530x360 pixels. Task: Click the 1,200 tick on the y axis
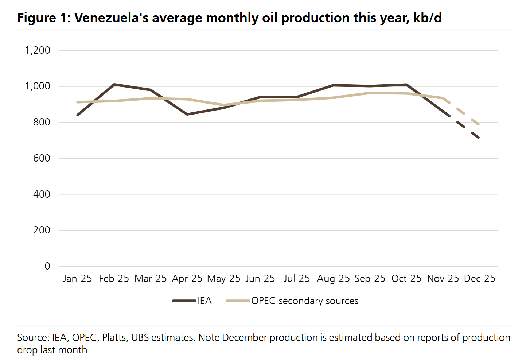[38, 50]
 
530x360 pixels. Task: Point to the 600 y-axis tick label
[42, 158]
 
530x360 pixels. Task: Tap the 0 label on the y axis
[47, 266]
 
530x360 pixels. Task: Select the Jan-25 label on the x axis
[77, 279]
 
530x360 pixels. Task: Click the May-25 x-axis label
[223, 279]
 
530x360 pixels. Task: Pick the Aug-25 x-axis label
[333, 279]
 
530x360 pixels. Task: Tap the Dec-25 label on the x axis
[479, 279]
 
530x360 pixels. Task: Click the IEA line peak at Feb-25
[114, 84]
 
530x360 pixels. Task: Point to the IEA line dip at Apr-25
[187, 114]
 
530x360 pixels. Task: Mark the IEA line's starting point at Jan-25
[77, 115]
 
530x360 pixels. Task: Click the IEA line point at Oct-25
[406, 85]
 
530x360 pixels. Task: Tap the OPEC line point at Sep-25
[370, 93]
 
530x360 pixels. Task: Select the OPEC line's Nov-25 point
[443, 98]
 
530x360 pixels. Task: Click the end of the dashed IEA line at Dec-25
[479, 138]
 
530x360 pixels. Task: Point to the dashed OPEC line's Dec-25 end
[479, 125]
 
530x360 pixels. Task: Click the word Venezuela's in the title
[112, 18]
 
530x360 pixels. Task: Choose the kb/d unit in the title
[428, 18]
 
